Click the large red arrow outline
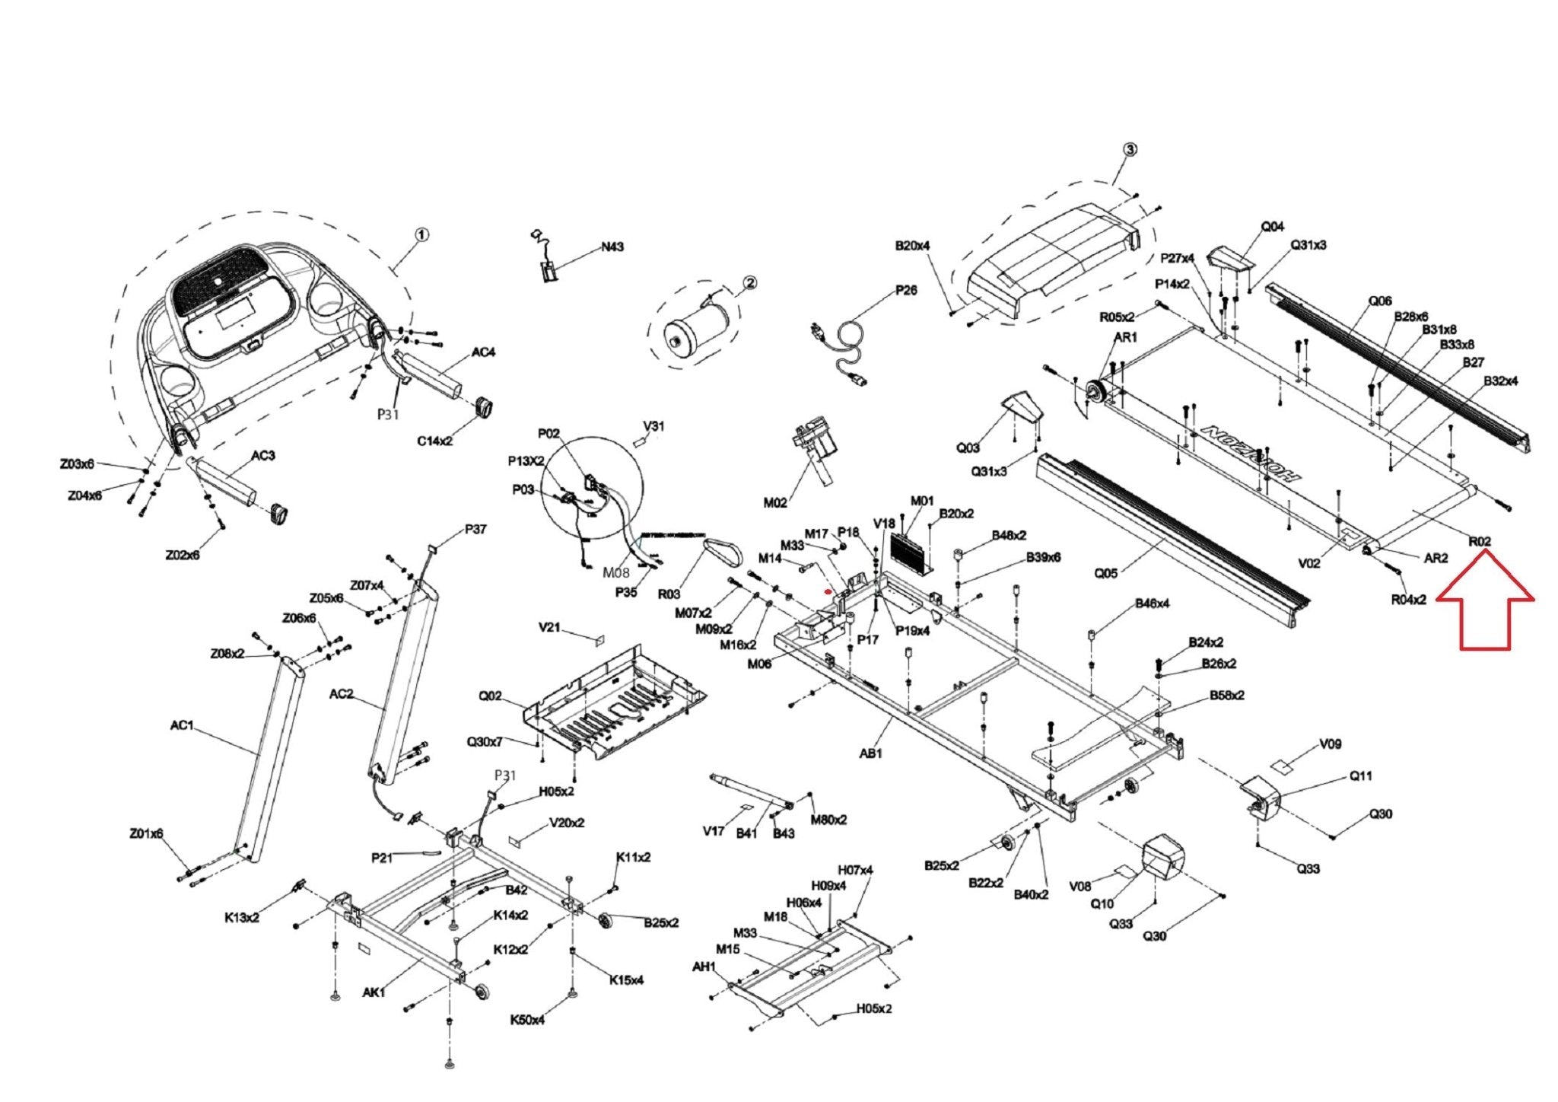point(1484,606)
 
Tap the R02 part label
point(1479,541)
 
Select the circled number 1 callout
point(421,234)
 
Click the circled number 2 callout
point(749,283)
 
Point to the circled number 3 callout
point(1130,149)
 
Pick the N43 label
point(612,247)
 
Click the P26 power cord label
point(905,290)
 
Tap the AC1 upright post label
point(182,725)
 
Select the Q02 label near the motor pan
point(490,696)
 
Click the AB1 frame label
point(870,753)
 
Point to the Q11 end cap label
point(1360,776)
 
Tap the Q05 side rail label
point(1105,572)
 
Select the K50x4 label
point(527,1019)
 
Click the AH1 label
point(704,967)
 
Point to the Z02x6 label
point(182,555)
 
